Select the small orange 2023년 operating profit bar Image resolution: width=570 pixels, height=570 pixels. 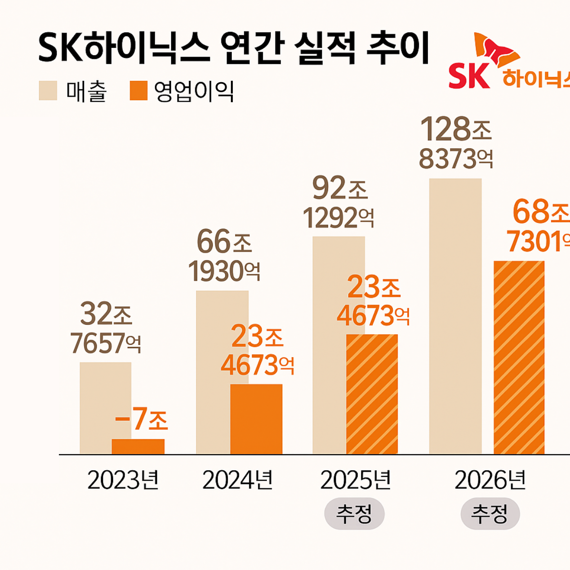[x=138, y=446]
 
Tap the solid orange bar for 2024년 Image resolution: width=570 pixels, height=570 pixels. [x=256, y=419]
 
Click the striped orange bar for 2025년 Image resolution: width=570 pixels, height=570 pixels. [x=372, y=394]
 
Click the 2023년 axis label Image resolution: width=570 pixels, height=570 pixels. [x=123, y=480]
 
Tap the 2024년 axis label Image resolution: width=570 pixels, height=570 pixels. [x=237, y=480]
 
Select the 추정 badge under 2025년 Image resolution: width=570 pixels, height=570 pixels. [x=354, y=514]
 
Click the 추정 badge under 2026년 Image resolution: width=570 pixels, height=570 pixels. [x=490, y=514]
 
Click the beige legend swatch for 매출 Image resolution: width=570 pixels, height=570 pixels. [x=48, y=91]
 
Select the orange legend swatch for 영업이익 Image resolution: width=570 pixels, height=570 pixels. [x=139, y=91]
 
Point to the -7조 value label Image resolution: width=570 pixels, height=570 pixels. [x=142, y=419]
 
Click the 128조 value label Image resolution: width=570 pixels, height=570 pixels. [x=456, y=129]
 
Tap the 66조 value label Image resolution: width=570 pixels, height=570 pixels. [x=224, y=242]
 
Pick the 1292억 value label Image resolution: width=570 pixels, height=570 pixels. [x=338, y=218]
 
